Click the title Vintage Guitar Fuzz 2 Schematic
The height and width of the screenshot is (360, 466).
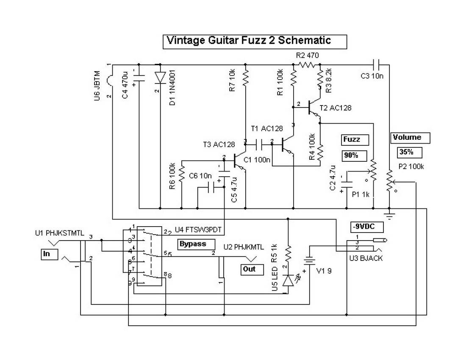[x=249, y=41]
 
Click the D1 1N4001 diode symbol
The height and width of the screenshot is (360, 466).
[x=160, y=77]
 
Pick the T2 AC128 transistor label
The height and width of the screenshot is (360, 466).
[x=336, y=108]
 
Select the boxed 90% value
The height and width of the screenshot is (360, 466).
[x=351, y=155]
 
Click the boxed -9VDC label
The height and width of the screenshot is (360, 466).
[x=366, y=227]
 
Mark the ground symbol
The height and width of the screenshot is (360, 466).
[x=388, y=213]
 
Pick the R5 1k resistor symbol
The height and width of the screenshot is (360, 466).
[x=288, y=253]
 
